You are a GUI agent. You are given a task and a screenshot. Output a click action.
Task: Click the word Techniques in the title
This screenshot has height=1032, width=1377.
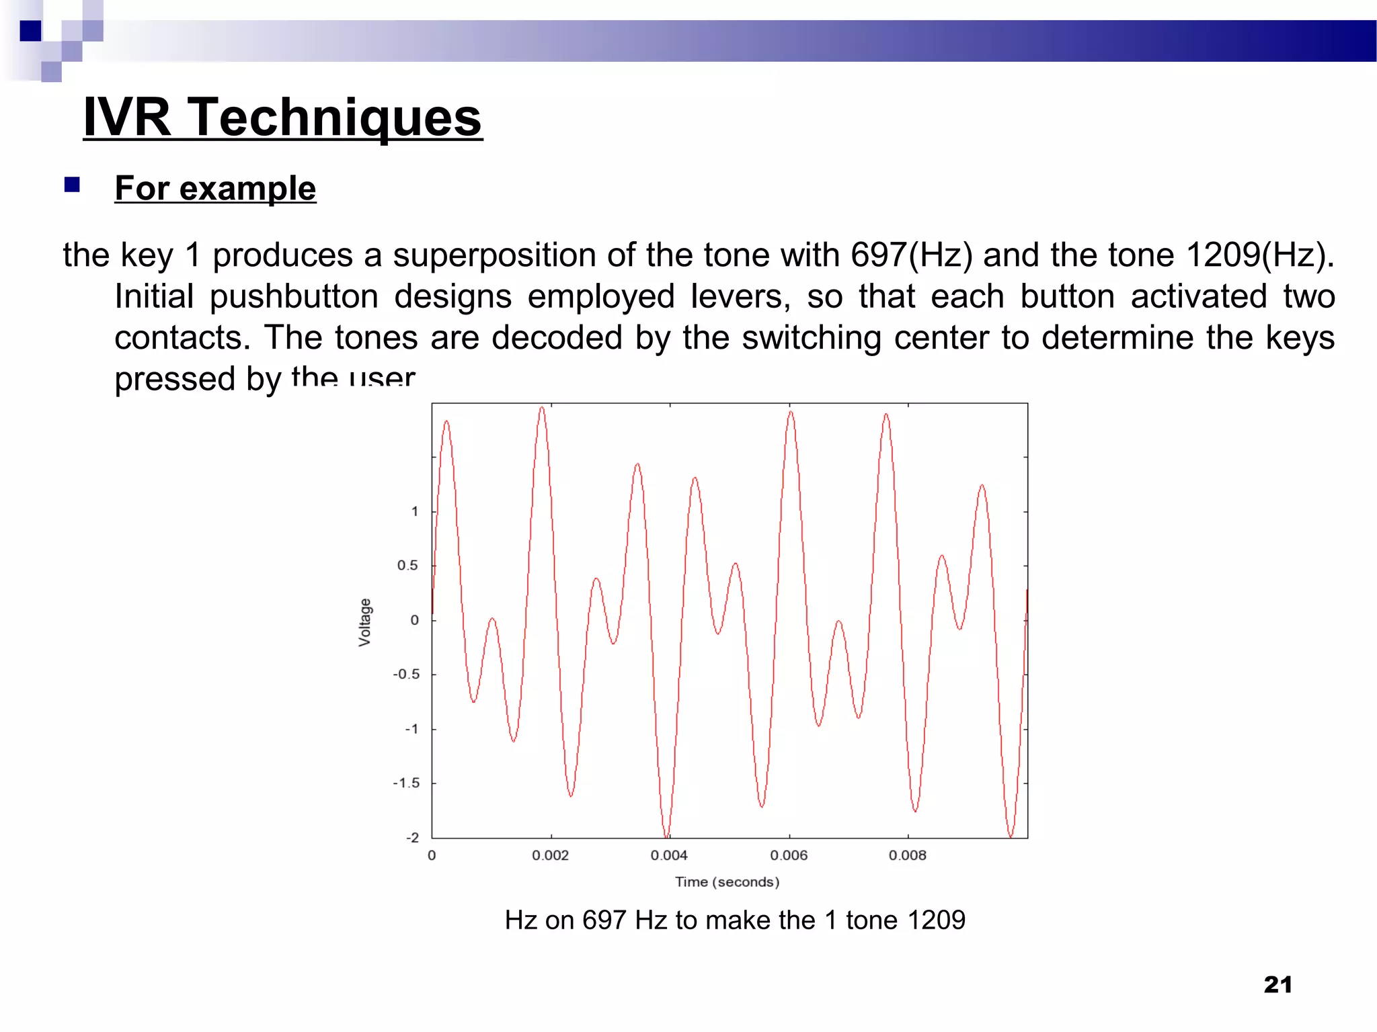[334, 118]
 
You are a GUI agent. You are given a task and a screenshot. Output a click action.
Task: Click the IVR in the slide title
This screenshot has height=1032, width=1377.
[127, 118]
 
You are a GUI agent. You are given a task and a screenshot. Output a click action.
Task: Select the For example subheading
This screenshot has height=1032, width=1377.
[215, 188]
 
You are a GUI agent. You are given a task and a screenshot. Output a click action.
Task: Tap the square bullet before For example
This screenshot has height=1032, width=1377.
[72, 185]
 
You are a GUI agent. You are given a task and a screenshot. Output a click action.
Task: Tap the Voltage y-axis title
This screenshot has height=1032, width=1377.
[364, 622]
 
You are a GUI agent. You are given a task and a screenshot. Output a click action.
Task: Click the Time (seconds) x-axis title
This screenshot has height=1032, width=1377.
[727, 882]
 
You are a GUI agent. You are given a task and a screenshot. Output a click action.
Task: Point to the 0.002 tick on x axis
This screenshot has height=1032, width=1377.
[550, 855]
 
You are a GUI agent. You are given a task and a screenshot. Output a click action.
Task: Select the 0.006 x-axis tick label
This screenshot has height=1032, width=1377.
[789, 855]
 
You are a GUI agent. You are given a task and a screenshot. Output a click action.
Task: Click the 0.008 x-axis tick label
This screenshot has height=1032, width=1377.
[907, 855]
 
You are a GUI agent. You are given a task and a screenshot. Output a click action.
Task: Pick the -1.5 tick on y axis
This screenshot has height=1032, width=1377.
[406, 783]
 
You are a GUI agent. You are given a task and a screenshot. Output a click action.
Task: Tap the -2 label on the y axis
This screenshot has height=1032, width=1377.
[412, 838]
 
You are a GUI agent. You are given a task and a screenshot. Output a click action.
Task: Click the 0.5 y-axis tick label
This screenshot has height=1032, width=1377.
[407, 566]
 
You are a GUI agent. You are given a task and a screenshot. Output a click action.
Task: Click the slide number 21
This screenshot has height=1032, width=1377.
[1277, 985]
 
